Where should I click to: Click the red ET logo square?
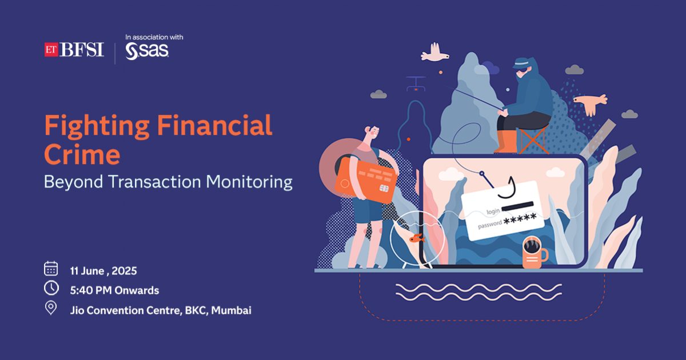point(51,50)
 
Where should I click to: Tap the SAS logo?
point(147,51)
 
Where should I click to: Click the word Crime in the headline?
point(82,155)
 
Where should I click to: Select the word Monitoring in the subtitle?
point(249,182)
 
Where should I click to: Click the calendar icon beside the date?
point(51,269)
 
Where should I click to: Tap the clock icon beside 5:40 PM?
point(51,288)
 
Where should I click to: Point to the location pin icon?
point(51,307)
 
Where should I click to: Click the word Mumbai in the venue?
point(231,310)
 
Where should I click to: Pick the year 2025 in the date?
point(124,271)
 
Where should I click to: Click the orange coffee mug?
point(535,252)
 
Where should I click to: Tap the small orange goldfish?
point(417,238)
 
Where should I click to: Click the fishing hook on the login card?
point(508,188)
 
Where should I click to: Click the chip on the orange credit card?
point(384,188)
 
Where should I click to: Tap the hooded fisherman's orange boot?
point(506,142)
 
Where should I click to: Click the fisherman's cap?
point(521,63)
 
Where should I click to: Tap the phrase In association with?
point(154,37)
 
